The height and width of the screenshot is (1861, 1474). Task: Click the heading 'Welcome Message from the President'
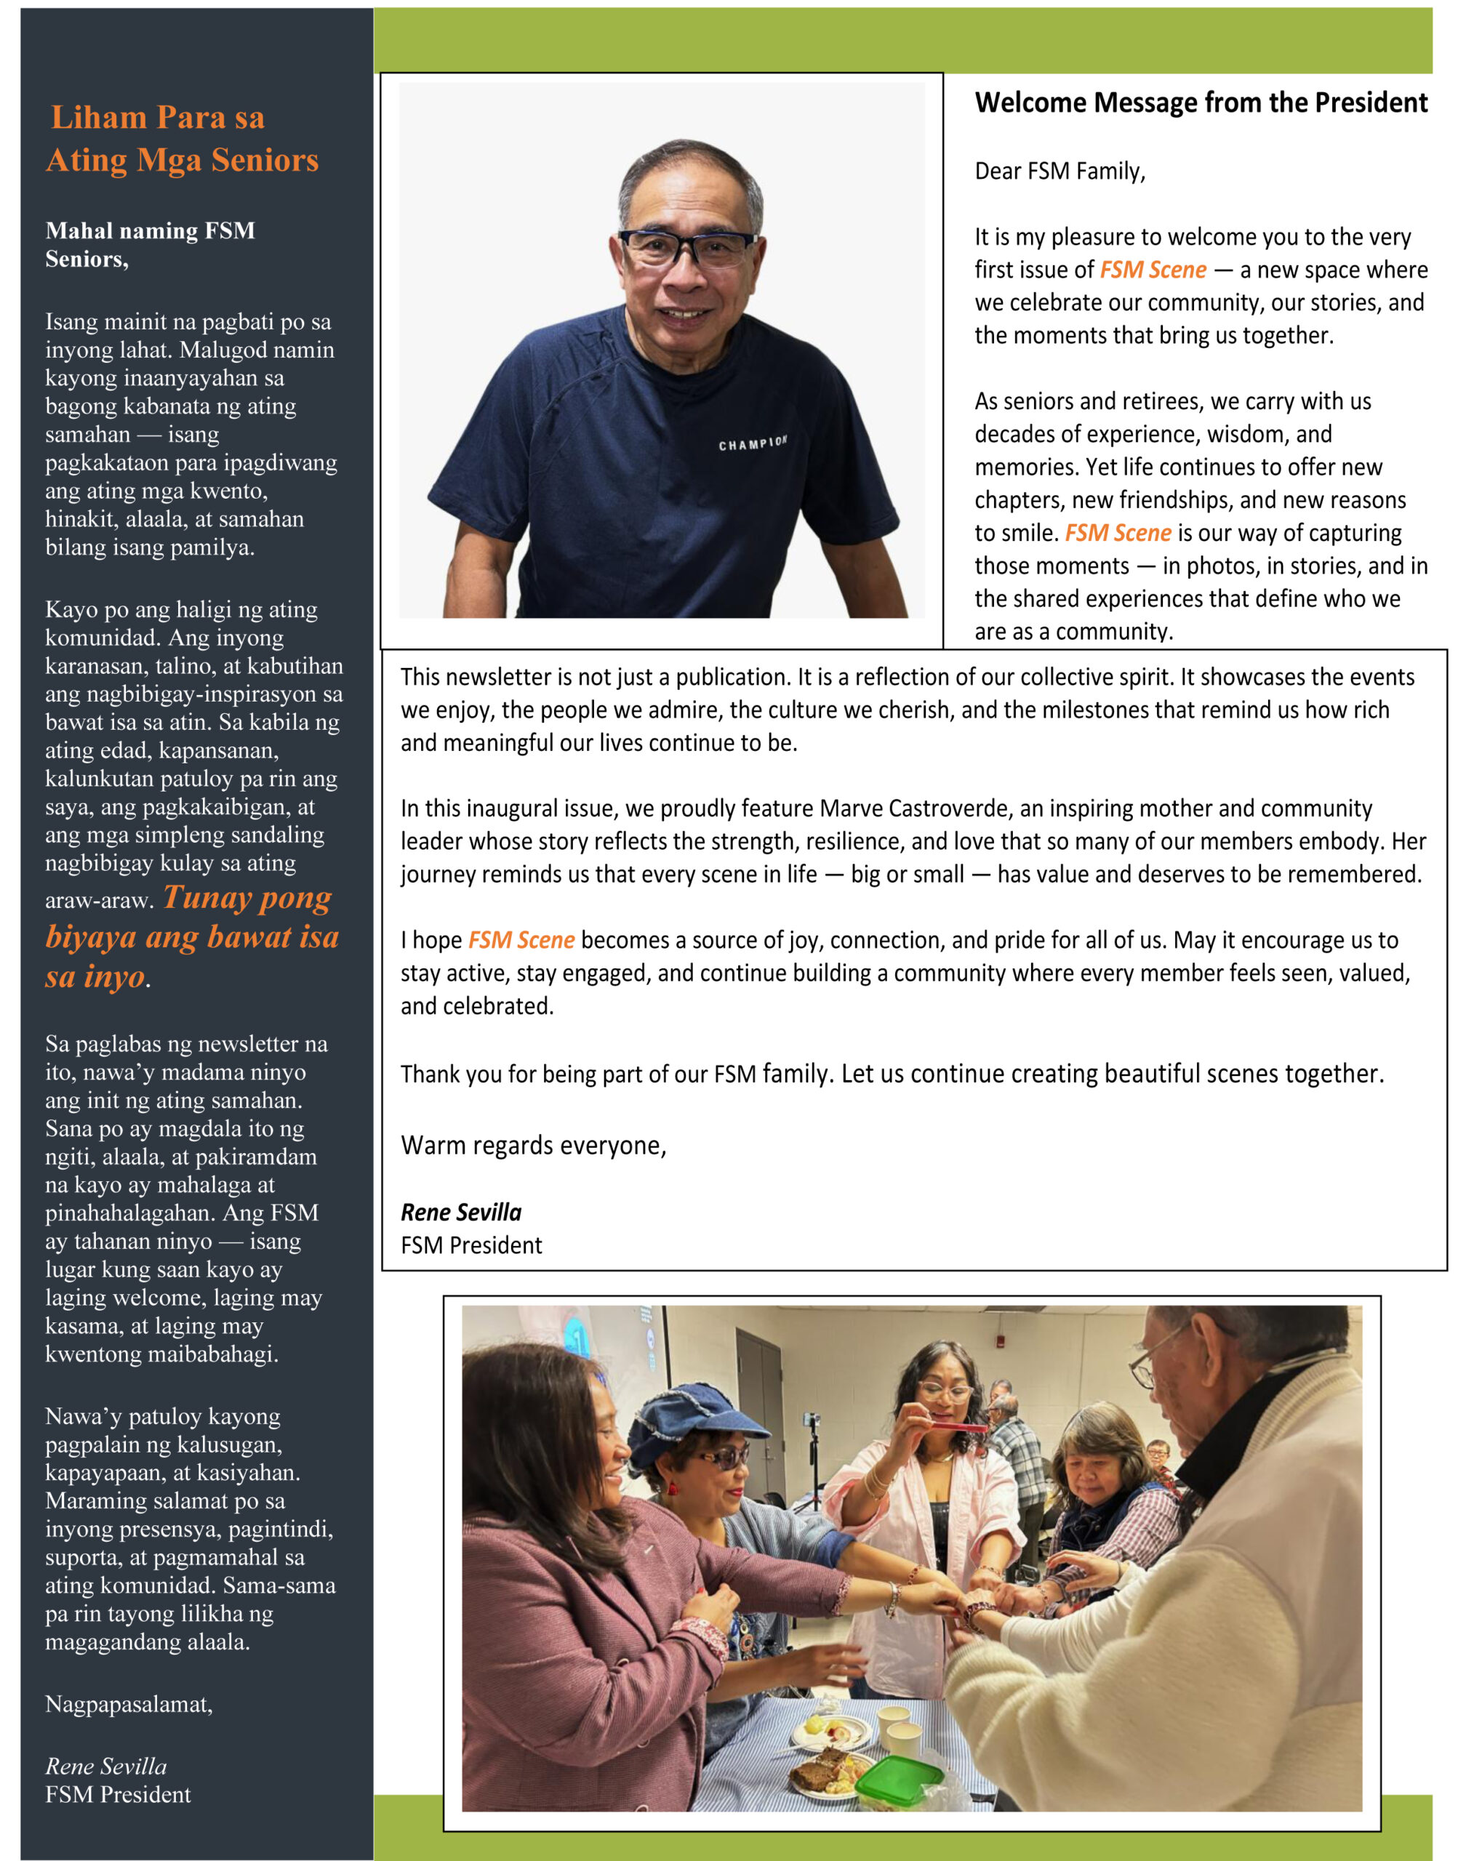pyautogui.click(x=1201, y=103)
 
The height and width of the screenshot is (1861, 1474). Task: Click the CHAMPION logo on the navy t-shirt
pyautogui.click(x=753, y=443)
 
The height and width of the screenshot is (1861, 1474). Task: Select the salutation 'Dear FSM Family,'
pyautogui.click(x=1060, y=171)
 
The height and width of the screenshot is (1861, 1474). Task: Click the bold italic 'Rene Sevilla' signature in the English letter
pyautogui.click(x=461, y=1213)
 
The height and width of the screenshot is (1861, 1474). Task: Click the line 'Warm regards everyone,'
pyautogui.click(x=533, y=1145)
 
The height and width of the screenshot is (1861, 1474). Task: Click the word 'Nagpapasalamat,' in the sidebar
pyautogui.click(x=129, y=1704)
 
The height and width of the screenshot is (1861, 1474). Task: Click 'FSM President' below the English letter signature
pyautogui.click(x=471, y=1245)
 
